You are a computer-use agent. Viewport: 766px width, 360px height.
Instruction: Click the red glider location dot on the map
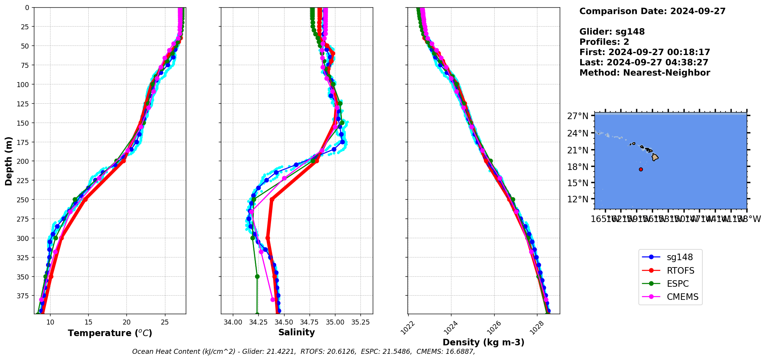coord(641,169)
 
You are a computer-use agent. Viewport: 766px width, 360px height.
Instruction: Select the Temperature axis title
coord(110,333)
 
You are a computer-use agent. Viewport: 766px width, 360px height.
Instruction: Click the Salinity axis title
coord(296,332)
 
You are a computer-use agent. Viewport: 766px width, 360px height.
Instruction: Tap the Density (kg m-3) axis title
coord(483,342)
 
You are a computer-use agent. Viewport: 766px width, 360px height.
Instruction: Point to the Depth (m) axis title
coord(8,161)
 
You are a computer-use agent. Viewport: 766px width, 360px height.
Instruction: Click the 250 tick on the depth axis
coord(24,200)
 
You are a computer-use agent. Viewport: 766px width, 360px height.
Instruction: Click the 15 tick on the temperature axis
coord(88,322)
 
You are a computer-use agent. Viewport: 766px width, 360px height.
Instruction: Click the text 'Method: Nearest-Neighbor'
coord(645,73)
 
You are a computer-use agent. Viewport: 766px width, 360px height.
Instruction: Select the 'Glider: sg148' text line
coord(612,32)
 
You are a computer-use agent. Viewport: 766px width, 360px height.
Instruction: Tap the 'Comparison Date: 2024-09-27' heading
coord(652,11)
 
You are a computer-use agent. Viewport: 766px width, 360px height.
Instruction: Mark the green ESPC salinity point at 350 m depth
coord(257,276)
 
